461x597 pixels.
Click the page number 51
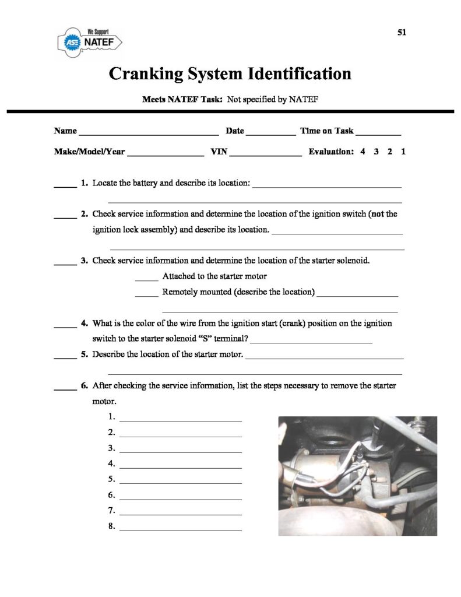402,33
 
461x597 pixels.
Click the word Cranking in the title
146,75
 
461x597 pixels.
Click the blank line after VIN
266,155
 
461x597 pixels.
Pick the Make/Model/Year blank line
165,155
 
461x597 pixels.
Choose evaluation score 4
363,152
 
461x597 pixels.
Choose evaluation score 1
403,152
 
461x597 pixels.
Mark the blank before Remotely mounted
146,295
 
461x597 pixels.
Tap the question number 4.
85,323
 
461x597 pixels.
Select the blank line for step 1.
180,420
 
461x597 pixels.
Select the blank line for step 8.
180,529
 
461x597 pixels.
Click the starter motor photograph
357,476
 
